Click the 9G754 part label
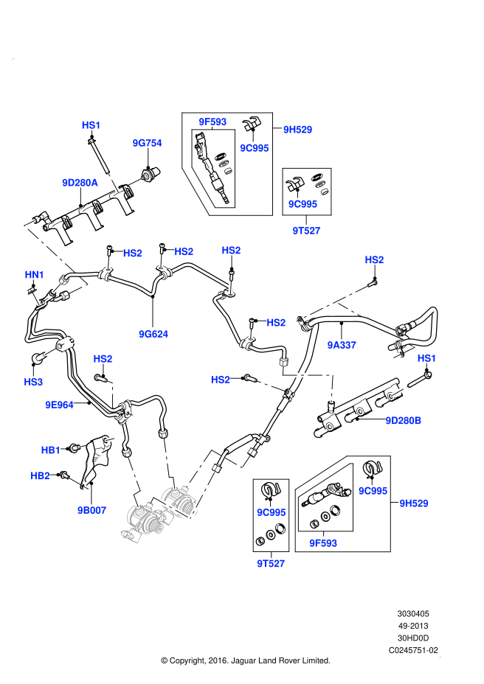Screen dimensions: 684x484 tap(147, 143)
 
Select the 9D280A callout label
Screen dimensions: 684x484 tap(80, 181)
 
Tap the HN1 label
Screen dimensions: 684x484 tap(35, 275)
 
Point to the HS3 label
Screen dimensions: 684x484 tap(34, 382)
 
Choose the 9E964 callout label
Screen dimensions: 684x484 tap(59, 404)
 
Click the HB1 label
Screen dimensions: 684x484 tap(50, 449)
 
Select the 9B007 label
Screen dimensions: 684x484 tap(92, 509)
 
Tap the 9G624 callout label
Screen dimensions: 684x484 tap(153, 334)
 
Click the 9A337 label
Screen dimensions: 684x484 tap(342, 344)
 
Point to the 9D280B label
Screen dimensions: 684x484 tap(404, 420)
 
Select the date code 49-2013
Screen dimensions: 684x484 tap(414, 626)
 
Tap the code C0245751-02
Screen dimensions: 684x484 tap(414, 651)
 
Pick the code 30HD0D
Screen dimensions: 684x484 tap(414, 638)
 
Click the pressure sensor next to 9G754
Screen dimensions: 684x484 tap(151, 175)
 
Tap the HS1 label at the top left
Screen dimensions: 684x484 tap(91, 125)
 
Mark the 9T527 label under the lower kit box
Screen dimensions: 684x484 tap(271, 563)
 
